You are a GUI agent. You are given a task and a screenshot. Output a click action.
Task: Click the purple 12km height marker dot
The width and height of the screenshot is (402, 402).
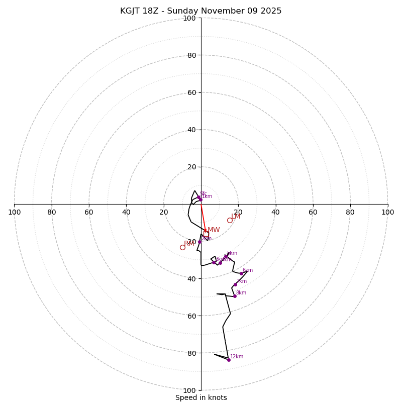(229, 360)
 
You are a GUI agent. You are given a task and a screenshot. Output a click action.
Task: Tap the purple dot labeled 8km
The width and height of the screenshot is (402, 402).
(235, 296)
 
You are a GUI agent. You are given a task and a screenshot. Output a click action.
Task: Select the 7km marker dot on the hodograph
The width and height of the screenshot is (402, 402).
(235, 284)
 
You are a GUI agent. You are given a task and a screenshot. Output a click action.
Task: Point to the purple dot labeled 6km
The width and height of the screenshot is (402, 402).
(241, 273)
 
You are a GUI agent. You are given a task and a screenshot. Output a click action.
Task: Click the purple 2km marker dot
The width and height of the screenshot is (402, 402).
(199, 242)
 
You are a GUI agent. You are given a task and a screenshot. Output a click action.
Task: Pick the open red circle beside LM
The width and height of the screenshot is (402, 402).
(230, 220)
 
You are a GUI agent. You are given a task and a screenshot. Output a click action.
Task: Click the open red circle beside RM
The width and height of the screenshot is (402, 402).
(182, 247)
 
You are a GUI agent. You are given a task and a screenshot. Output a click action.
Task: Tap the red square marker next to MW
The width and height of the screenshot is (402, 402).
(206, 234)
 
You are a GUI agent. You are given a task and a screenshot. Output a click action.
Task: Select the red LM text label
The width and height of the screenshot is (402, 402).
(236, 217)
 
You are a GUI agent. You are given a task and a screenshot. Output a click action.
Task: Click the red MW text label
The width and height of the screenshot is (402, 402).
(214, 230)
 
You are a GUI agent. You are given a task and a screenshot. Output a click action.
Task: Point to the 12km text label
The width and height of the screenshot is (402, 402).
(237, 357)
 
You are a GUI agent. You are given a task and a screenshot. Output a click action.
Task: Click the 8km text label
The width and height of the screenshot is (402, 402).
(241, 293)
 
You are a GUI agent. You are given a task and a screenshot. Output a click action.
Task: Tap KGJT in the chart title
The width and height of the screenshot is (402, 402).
(132, 11)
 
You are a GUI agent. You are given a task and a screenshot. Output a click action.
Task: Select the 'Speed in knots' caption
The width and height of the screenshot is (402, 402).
(201, 397)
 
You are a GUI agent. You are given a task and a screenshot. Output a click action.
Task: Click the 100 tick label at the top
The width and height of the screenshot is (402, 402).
(189, 18)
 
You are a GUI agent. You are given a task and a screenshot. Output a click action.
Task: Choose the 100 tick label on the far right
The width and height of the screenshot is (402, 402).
(388, 212)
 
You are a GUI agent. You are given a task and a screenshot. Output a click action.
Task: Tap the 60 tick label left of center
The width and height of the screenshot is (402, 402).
(89, 212)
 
